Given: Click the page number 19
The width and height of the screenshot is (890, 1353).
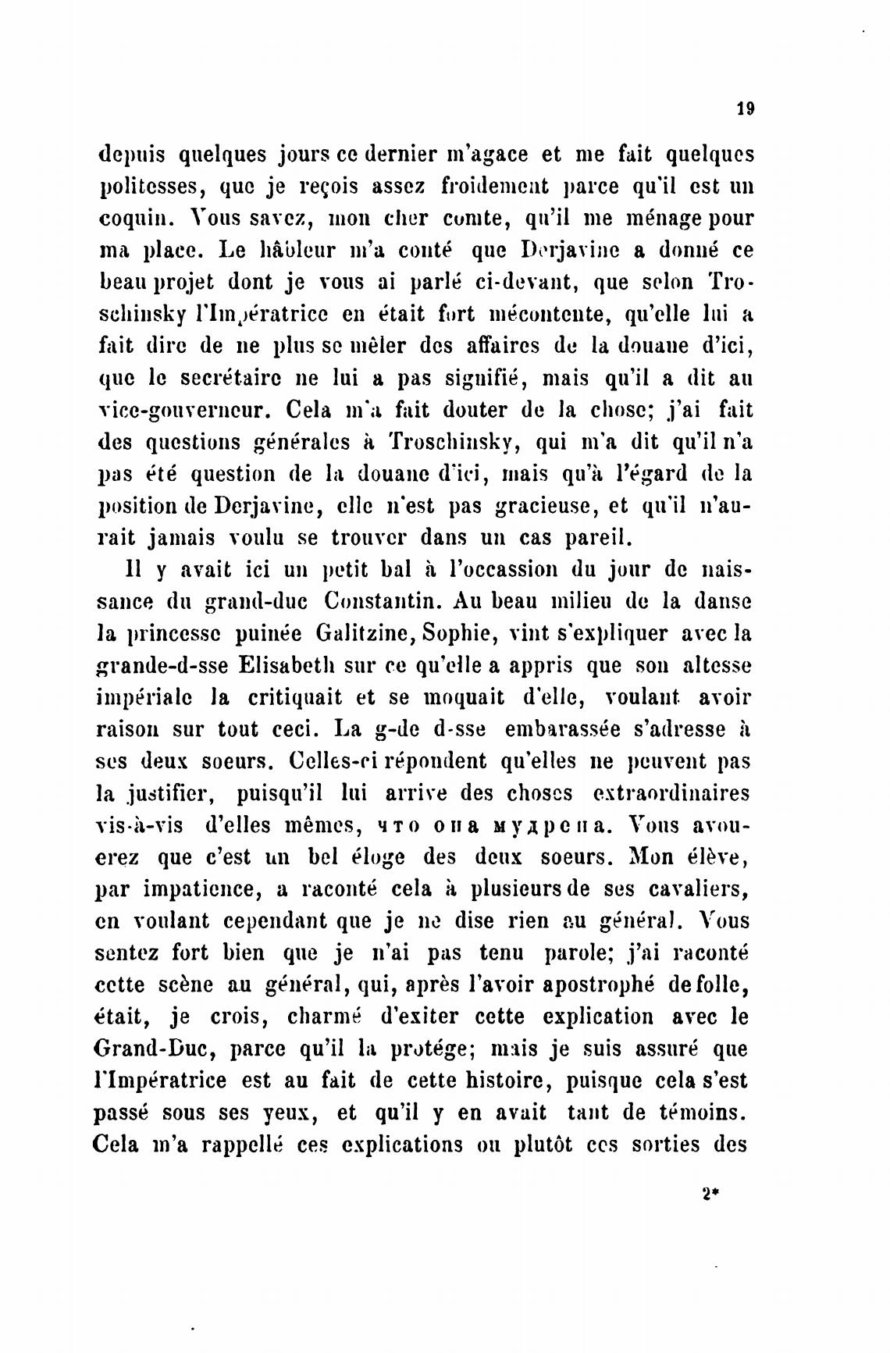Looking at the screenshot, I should coord(744,110).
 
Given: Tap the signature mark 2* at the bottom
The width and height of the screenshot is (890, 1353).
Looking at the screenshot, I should coord(709,1194).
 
